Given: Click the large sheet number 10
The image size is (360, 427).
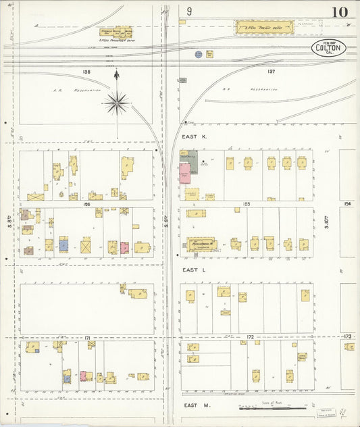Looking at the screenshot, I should (339, 12).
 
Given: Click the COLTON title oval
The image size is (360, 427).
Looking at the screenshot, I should (329, 47).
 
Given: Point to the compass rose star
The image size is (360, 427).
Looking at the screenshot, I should (117, 103).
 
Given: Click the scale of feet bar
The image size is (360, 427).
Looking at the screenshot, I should (267, 409).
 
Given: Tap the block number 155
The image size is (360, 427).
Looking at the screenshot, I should (246, 203).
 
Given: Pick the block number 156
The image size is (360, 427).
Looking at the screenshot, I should (86, 203).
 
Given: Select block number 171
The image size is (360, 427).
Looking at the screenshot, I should (87, 336).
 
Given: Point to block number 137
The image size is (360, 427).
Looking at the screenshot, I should (272, 71).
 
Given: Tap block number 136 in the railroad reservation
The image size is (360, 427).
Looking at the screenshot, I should (86, 71).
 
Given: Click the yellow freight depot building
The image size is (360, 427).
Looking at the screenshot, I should (265, 28).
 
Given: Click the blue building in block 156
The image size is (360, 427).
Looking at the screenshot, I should (64, 244).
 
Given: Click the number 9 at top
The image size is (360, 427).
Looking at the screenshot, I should (190, 11).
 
